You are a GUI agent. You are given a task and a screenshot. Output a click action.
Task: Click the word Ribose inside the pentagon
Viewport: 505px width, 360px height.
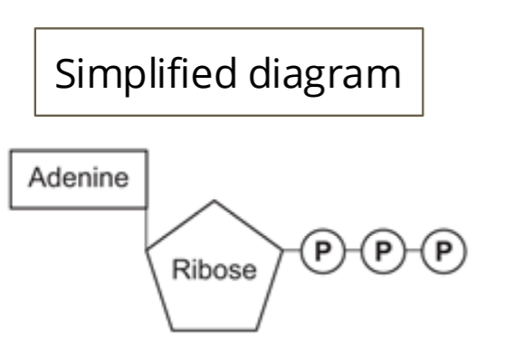[214, 269]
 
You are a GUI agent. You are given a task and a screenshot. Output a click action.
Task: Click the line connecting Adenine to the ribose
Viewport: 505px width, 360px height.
[146, 226]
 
